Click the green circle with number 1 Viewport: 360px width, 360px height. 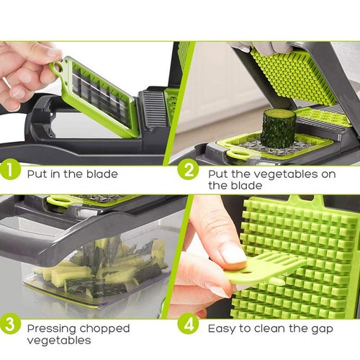pyautogui.click(x=9, y=170)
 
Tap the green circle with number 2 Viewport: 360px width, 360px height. pyautogui.click(x=189, y=170)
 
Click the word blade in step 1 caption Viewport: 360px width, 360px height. pyautogui.click(x=102, y=174)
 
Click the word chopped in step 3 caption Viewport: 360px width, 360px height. pyautogui.click(x=104, y=329)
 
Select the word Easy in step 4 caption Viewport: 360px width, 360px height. pyautogui.click(x=221, y=329)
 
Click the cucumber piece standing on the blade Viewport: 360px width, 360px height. pyautogui.click(x=278, y=129)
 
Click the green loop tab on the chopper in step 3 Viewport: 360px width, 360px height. pyautogui.click(x=58, y=200)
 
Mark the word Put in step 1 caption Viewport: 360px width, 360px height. pyautogui.click(x=37, y=174)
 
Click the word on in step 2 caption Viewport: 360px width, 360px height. pyautogui.click(x=328, y=175)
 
